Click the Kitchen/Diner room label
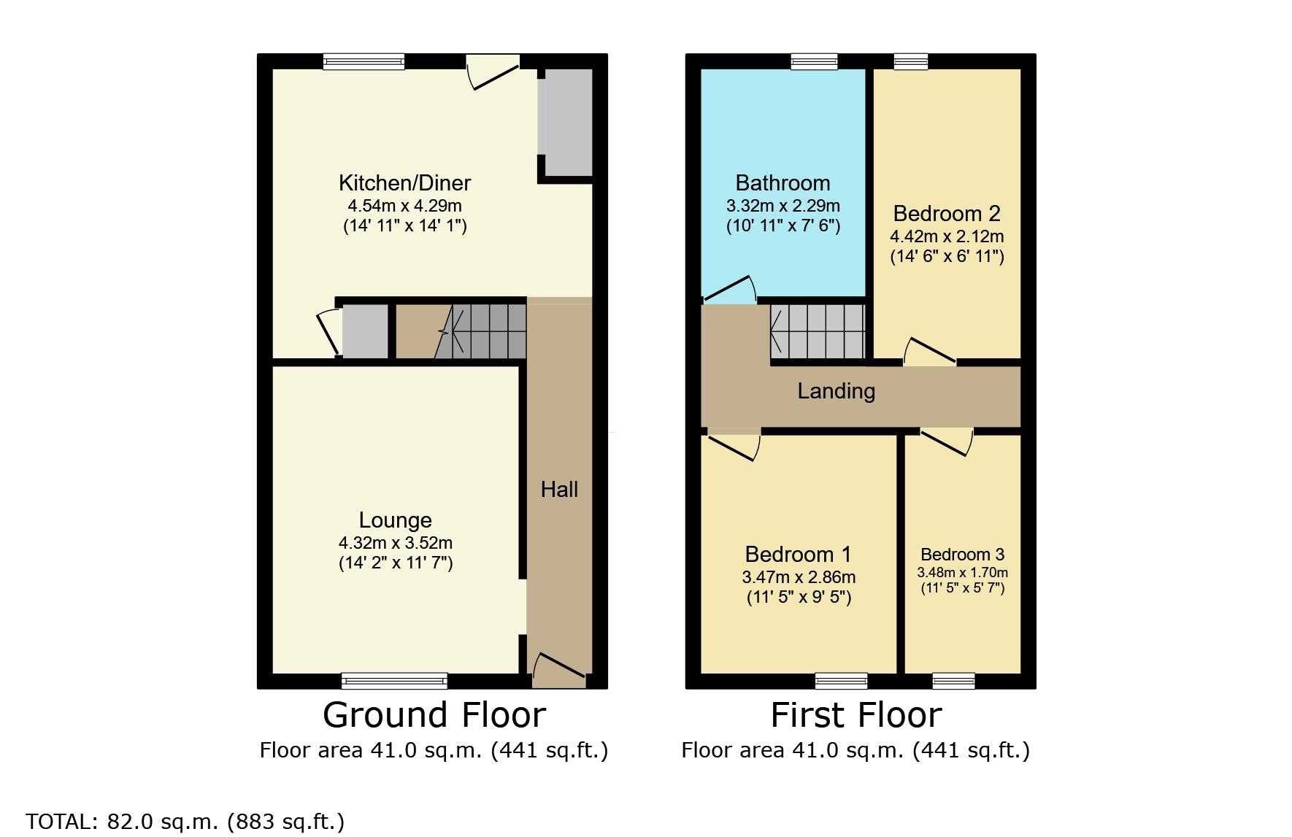[x=404, y=183]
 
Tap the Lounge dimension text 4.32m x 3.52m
[x=396, y=543]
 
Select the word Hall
[x=559, y=489]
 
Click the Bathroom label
[x=782, y=182]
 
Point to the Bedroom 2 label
[x=947, y=214]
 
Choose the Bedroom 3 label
[x=962, y=555]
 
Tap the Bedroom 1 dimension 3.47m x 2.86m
[x=799, y=577]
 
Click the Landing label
[x=836, y=391]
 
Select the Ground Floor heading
[x=434, y=715]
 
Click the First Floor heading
[x=856, y=715]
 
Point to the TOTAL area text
[x=185, y=822]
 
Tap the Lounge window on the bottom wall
[x=394, y=681]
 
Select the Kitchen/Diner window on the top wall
[x=364, y=61]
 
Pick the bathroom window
[x=814, y=61]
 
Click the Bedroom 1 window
[x=842, y=681]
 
